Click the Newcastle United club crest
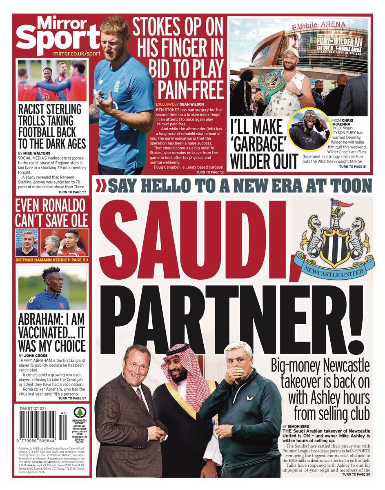click(335, 241)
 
